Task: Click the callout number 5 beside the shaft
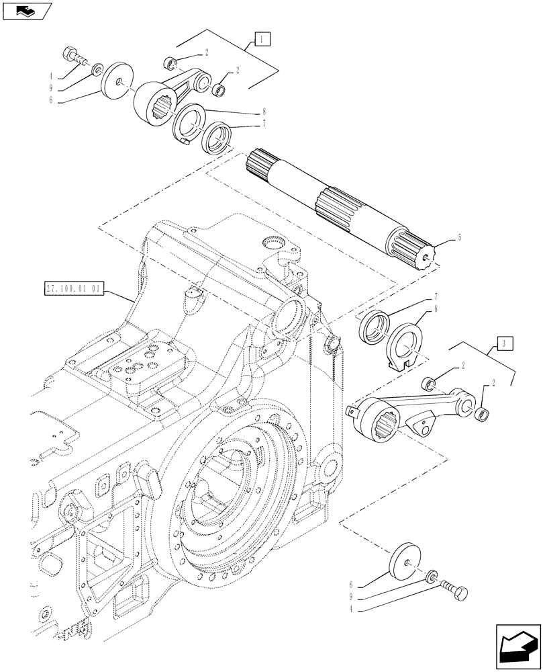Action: click(x=460, y=237)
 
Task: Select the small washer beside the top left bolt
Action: click(x=99, y=69)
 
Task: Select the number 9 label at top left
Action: click(x=59, y=87)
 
